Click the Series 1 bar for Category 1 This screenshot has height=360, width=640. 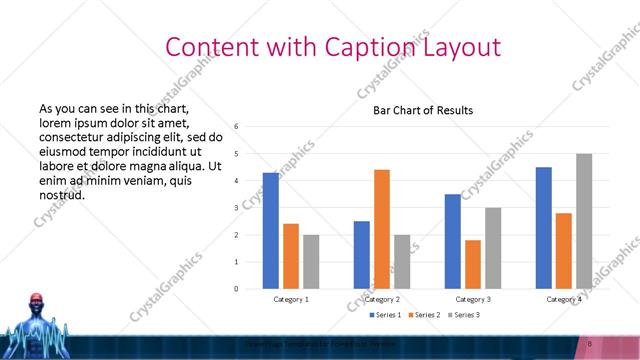[x=271, y=231]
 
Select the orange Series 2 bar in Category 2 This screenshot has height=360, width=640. [x=382, y=229]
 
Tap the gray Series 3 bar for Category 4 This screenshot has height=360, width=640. [x=583, y=221]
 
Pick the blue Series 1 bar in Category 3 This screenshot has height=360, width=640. [x=452, y=241]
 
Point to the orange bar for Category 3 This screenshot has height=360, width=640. [x=473, y=264]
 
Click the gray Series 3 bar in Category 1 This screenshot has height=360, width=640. [x=311, y=262]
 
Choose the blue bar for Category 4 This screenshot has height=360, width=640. [x=543, y=228]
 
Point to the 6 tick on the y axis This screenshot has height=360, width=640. [x=236, y=127]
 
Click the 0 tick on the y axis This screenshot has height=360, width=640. [x=236, y=289]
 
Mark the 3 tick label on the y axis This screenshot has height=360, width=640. [x=236, y=208]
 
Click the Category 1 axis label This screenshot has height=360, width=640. [x=291, y=299]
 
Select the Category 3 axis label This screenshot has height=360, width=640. [x=473, y=299]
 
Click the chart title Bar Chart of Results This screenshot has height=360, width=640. [x=423, y=110]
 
